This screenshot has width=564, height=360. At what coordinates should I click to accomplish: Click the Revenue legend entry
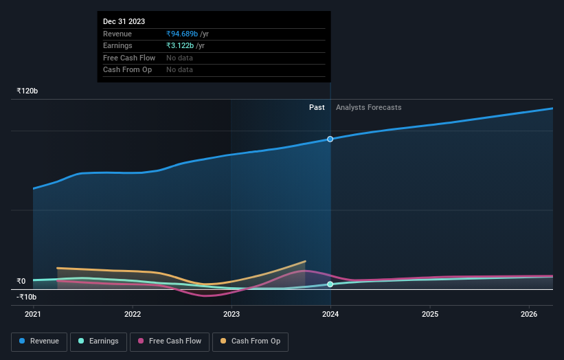tap(39, 341)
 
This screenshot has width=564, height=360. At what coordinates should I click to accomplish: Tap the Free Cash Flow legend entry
tap(170, 341)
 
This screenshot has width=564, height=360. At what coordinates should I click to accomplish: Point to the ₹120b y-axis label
tap(27, 91)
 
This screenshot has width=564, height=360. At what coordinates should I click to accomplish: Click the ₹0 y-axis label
tap(21, 281)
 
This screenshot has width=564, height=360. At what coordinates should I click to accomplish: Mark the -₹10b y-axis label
tap(27, 297)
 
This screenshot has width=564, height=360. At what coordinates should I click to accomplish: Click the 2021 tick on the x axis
tap(33, 315)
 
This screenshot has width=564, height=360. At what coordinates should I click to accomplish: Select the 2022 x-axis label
tap(133, 315)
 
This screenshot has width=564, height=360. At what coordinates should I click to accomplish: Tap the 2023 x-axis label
tap(232, 315)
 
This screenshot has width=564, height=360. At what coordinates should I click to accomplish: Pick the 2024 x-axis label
tap(330, 315)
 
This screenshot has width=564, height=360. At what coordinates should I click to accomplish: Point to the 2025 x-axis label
tap(430, 315)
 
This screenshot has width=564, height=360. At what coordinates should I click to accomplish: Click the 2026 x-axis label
tap(529, 315)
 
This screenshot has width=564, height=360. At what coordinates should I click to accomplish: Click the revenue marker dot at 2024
tap(330, 139)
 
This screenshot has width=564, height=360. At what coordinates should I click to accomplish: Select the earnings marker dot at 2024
tap(330, 284)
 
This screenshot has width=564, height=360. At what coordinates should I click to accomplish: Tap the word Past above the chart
tap(317, 107)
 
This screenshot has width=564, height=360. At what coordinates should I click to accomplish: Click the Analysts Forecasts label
tap(368, 107)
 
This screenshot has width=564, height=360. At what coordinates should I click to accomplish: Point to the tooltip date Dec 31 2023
tap(124, 22)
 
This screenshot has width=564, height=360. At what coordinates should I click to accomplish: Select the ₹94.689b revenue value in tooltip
tap(182, 34)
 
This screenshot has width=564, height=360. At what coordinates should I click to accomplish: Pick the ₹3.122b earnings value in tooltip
tap(180, 45)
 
